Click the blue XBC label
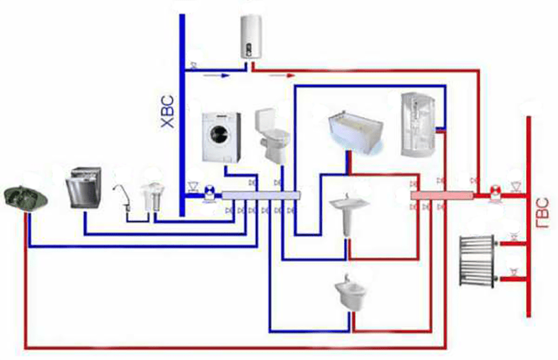pyautogui.click(x=168, y=111)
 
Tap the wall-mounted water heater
pyautogui.click(x=251, y=36)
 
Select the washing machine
pyautogui.click(x=221, y=138)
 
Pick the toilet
pyautogui.click(x=272, y=136)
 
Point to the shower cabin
pyautogui.click(x=418, y=124)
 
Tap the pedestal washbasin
pyautogui.click(x=348, y=215)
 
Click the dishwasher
pyautogui.click(x=84, y=188)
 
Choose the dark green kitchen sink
pyautogui.click(x=26, y=198)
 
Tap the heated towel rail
pyautogui.click(x=478, y=261)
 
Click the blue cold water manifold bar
pyautogui.click(x=261, y=195)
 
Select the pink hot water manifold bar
pyautogui.click(x=442, y=195)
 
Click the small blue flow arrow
pyautogui.click(x=216, y=76)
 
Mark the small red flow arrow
pyautogui.click(x=282, y=76)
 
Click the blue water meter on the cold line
pyautogui.click(x=210, y=193)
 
